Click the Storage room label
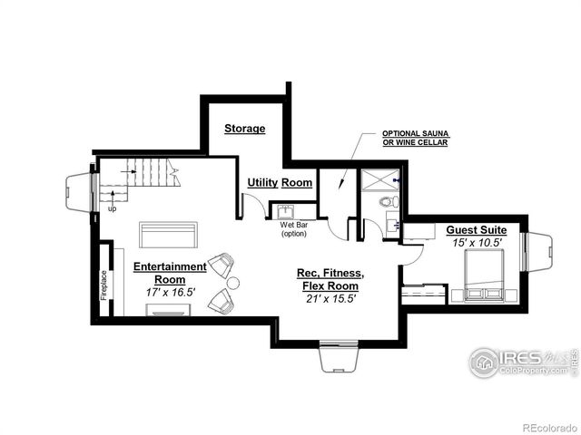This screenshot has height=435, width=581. pyautogui.click(x=244, y=129)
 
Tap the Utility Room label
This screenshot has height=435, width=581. pyautogui.click(x=280, y=182)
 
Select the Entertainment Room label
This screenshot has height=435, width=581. pyautogui.click(x=170, y=273)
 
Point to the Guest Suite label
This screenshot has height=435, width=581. pyautogui.click(x=476, y=230)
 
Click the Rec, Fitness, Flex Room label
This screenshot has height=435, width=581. pyautogui.click(x=330, y=279)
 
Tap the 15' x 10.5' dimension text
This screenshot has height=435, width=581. pyautogui.click(x=477, y=243)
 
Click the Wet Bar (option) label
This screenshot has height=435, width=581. pyautogui.click(x=293, y=228)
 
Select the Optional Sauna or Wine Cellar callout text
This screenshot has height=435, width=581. pyautogui.click(x=415, y=138)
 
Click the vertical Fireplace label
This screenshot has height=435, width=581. pyautogui.click(x=103, y=285)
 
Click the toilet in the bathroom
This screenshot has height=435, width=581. pyautogui.click(x=387, y=202)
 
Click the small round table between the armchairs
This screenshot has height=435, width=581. pyautogui.click(x=232, y=284)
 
